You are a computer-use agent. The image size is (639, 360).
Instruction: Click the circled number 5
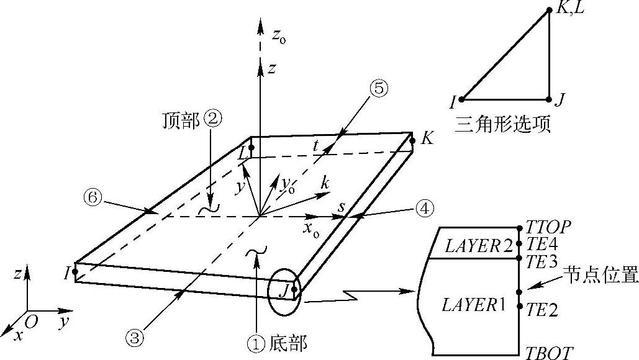(379, 89)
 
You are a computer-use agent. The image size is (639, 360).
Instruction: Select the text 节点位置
(600, 273)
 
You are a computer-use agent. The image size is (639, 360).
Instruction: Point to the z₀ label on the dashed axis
(278, 37)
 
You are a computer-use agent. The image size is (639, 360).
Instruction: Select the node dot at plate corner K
(412, 140)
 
